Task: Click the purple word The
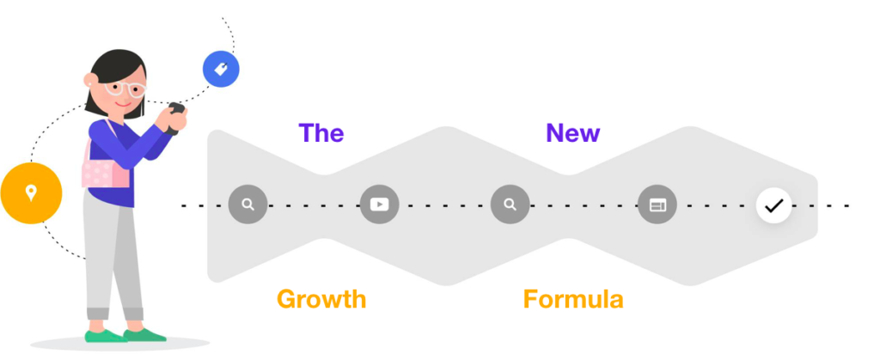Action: coord(321,133)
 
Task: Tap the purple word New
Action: coord(572,133)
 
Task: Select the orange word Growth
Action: coord(321,299)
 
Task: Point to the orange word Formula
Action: coord(572,299)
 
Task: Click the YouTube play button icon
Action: coord(379,204)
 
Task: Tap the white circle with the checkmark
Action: coord(773,205)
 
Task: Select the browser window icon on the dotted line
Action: coord(657,205)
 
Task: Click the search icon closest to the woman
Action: coord(247,204)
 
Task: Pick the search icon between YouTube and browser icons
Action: coord(510,204)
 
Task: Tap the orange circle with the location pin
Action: coord(31,193)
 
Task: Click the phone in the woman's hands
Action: coord(176,114)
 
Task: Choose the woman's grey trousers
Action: coord(112,258)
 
